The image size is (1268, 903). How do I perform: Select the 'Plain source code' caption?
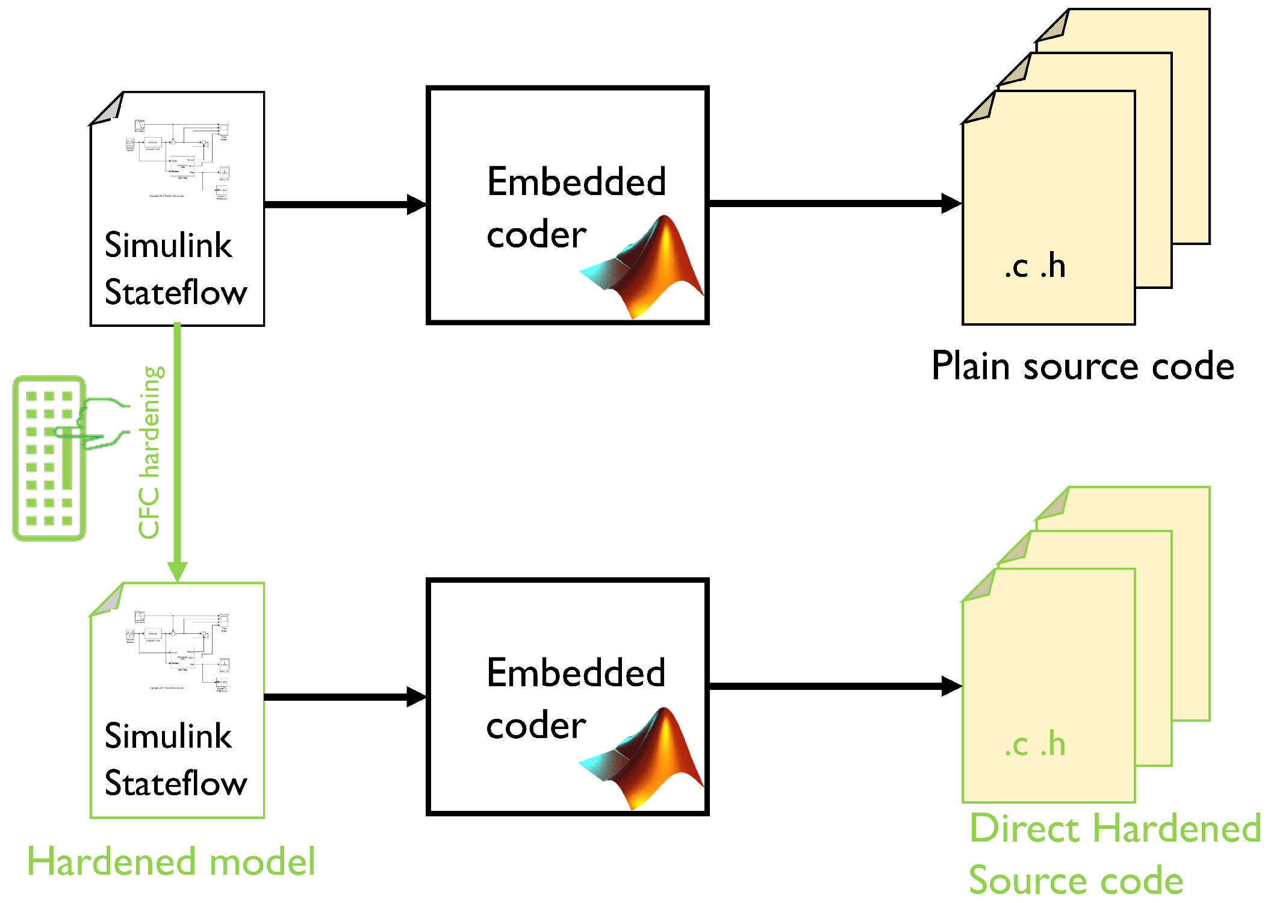[1082, 366]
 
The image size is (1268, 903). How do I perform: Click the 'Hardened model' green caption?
[171, 861]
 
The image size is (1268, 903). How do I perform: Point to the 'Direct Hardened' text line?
[1114, 828]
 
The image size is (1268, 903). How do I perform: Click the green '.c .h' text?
[1034, 744]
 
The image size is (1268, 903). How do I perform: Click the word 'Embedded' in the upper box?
[576, 182]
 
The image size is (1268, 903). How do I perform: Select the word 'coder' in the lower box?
[536, 725]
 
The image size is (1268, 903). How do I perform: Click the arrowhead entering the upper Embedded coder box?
[417, 205]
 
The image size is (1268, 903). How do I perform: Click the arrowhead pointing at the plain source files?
[951, 203]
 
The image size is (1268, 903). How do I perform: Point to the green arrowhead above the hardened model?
[177, 571]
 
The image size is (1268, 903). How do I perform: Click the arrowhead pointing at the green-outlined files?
[951, 686]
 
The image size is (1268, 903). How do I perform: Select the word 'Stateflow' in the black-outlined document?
[176, 293]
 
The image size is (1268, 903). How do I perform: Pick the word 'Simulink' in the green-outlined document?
[168, 736]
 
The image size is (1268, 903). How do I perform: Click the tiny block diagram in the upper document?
[178, 159]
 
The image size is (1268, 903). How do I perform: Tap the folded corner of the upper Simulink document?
[108, 110]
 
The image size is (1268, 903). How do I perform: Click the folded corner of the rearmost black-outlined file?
[1054, 26]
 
